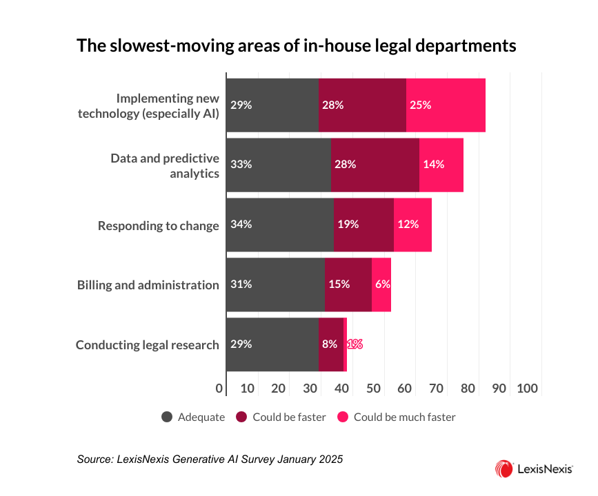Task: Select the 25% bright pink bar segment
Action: tap(446, 105)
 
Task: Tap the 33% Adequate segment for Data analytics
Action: tap(279, 165)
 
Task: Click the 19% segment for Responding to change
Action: tap(363, 225)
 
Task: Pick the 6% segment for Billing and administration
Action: tap(381, 285)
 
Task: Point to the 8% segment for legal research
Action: tap(331, 344)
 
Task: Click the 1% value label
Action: tap(355, 344)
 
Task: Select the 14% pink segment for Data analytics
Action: tap(441, 165)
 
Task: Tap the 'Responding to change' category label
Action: tap(159, 225)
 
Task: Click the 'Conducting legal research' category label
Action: tap(148, 345)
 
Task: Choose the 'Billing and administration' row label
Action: tap(148, 285)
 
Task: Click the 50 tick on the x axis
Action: tap(373, 389)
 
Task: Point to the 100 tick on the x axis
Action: tap(528, 389)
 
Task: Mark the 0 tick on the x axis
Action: tap(219, 389)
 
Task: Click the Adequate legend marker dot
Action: tap(167, 417)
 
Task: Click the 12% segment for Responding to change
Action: tap(412, 225)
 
